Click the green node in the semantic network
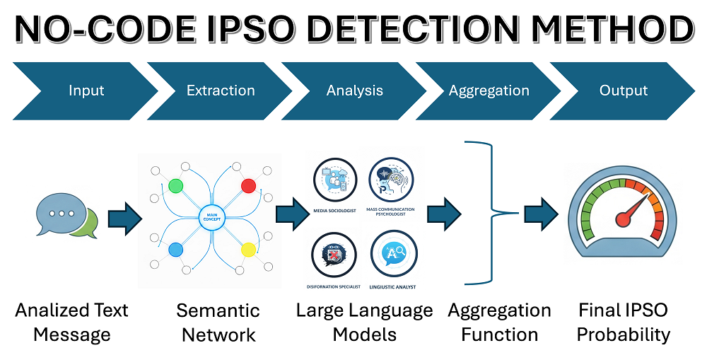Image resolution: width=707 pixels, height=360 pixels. click(x=177, y=186)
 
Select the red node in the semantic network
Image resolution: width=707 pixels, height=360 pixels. click(x=248, y=186)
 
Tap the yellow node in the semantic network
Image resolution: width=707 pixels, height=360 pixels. click(x=248, y=249)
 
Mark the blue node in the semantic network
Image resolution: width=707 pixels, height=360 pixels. click(x=176, y=249)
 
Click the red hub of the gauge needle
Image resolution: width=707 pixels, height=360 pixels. click(x=623, y=219)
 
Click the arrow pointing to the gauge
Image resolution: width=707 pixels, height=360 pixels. click(x=541, y=212)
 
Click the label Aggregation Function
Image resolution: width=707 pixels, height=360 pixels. click(x=499, y=322)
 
